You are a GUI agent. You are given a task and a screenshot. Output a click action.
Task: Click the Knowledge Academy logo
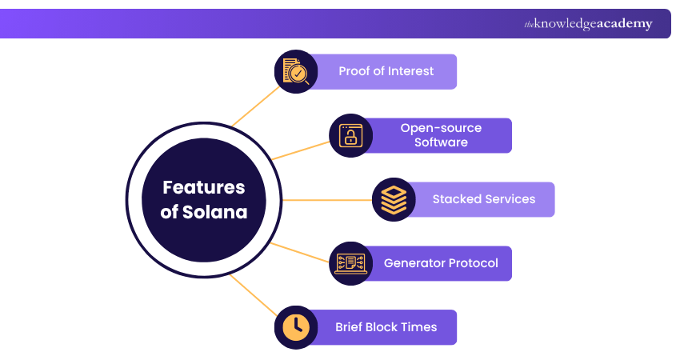[x=588, y=24]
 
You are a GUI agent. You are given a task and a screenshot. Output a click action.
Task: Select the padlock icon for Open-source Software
[x=350, y=135]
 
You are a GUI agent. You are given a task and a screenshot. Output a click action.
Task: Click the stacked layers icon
[x=394, y=199]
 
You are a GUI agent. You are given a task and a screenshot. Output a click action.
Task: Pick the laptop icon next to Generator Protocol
[x=350, y=263]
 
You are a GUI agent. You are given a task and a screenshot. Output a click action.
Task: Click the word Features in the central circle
[x=203, y=188]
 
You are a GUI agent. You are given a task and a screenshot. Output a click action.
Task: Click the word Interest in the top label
[x=410, y=71]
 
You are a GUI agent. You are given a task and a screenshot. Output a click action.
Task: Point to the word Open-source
[x=441, y=128]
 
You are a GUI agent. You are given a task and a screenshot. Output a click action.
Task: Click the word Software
[x=441, y=142]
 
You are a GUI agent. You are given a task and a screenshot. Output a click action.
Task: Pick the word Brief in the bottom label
[x=352, y=327]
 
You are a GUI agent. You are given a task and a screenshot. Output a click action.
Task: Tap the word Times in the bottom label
[x=420, y=327]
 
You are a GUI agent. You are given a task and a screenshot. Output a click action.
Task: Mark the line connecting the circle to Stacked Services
[x=328, y=200]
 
